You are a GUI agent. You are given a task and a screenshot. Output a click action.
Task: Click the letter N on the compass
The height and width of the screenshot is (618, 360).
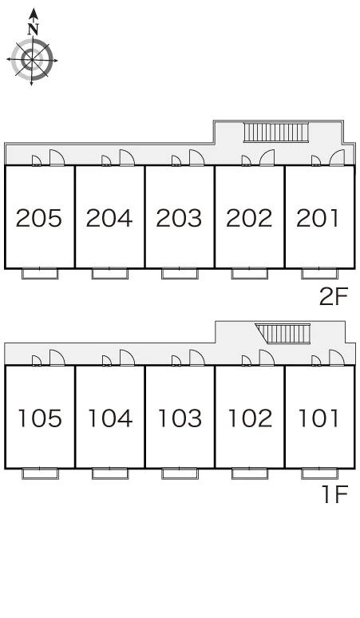pos(34,29)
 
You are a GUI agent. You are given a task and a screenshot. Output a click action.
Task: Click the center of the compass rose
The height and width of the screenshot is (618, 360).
pos(32,61)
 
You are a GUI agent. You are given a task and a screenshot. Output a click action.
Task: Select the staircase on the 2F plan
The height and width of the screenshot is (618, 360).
pos(275,132)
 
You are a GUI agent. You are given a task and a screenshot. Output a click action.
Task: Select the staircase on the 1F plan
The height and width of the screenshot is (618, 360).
pos(283,334)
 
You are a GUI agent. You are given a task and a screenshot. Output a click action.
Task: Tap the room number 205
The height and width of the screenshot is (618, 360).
pos(39,218)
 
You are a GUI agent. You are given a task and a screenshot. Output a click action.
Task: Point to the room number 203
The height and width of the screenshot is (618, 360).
pos(179,218)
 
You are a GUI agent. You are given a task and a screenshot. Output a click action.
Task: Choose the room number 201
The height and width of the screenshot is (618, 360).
pos(318,218)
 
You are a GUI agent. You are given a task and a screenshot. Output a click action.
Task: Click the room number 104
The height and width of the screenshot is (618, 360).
pos(110,418)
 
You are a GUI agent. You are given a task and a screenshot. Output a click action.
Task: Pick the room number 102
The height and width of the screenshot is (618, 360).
pos(250,418)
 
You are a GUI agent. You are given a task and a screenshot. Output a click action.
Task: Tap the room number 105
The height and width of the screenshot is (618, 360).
pos(40,418)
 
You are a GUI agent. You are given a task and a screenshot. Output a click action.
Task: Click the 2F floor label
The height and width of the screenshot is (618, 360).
pos(334,296)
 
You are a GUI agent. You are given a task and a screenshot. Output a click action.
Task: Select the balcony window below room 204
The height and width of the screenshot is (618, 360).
pos(110,274)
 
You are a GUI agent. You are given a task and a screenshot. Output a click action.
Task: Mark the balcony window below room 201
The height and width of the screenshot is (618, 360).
pos(319,274)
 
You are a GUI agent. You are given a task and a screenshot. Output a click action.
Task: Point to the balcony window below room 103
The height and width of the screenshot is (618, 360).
pos(180,473)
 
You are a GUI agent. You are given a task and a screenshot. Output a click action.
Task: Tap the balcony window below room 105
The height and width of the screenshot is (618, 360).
pos(40,473)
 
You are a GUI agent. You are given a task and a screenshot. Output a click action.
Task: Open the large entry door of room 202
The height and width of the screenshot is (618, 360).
pos(267,157)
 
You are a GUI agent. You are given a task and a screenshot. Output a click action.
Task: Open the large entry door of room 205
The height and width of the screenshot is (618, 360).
pos(57,157)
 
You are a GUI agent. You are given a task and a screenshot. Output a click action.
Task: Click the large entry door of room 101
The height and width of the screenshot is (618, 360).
pos(337,358)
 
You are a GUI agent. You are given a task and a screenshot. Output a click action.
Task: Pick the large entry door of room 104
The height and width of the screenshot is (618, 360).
pos(127,358)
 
